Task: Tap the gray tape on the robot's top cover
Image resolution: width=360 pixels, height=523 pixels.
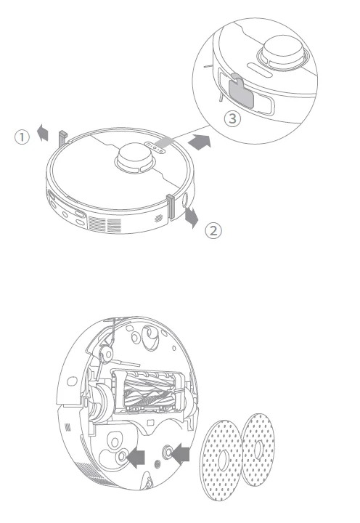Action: [164, 145]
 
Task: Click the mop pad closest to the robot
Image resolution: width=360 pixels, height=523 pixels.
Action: [226, 460]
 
